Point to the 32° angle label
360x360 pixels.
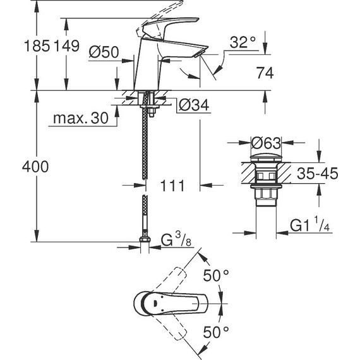[243, 43]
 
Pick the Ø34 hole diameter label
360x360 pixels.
[193, 106]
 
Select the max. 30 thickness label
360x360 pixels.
[80, 118]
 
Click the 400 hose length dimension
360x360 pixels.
[17, 169]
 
